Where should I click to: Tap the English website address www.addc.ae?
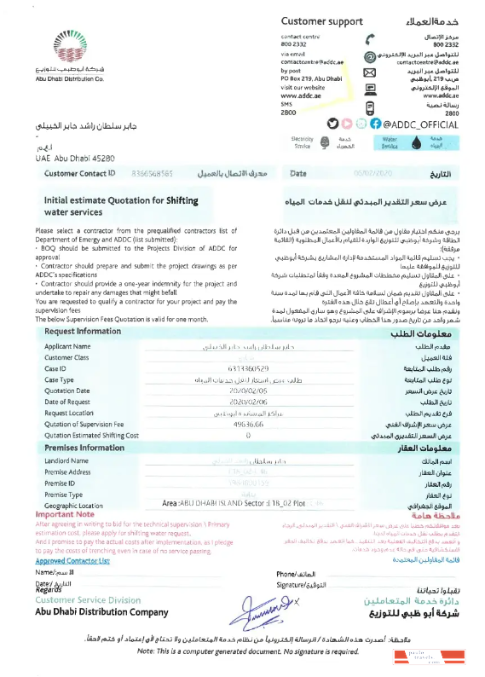point(300,95)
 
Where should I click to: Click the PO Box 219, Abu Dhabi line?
point(310,79)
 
